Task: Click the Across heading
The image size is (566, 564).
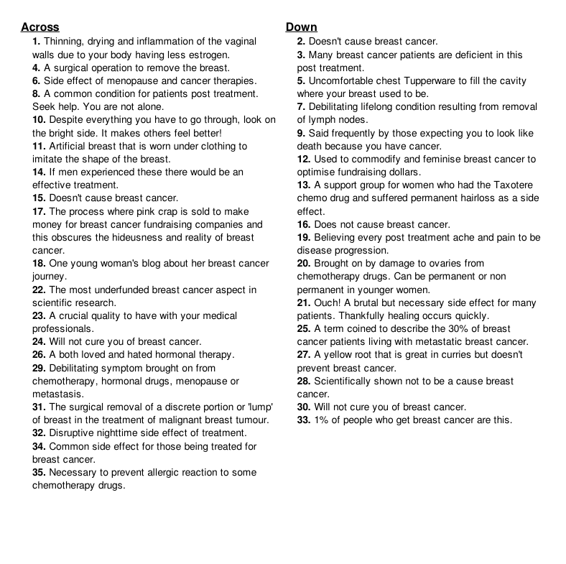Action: tap(40, 27)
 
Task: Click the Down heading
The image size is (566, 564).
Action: tap(301, 27)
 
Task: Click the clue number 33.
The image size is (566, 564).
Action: tap(304, 420)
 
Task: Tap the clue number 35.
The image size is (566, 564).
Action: tap(39, 473)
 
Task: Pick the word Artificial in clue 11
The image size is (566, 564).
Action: tap(73, 146)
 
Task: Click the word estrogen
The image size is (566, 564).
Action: tap(208, 55)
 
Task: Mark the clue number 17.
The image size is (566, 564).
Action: tap(39, 211)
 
